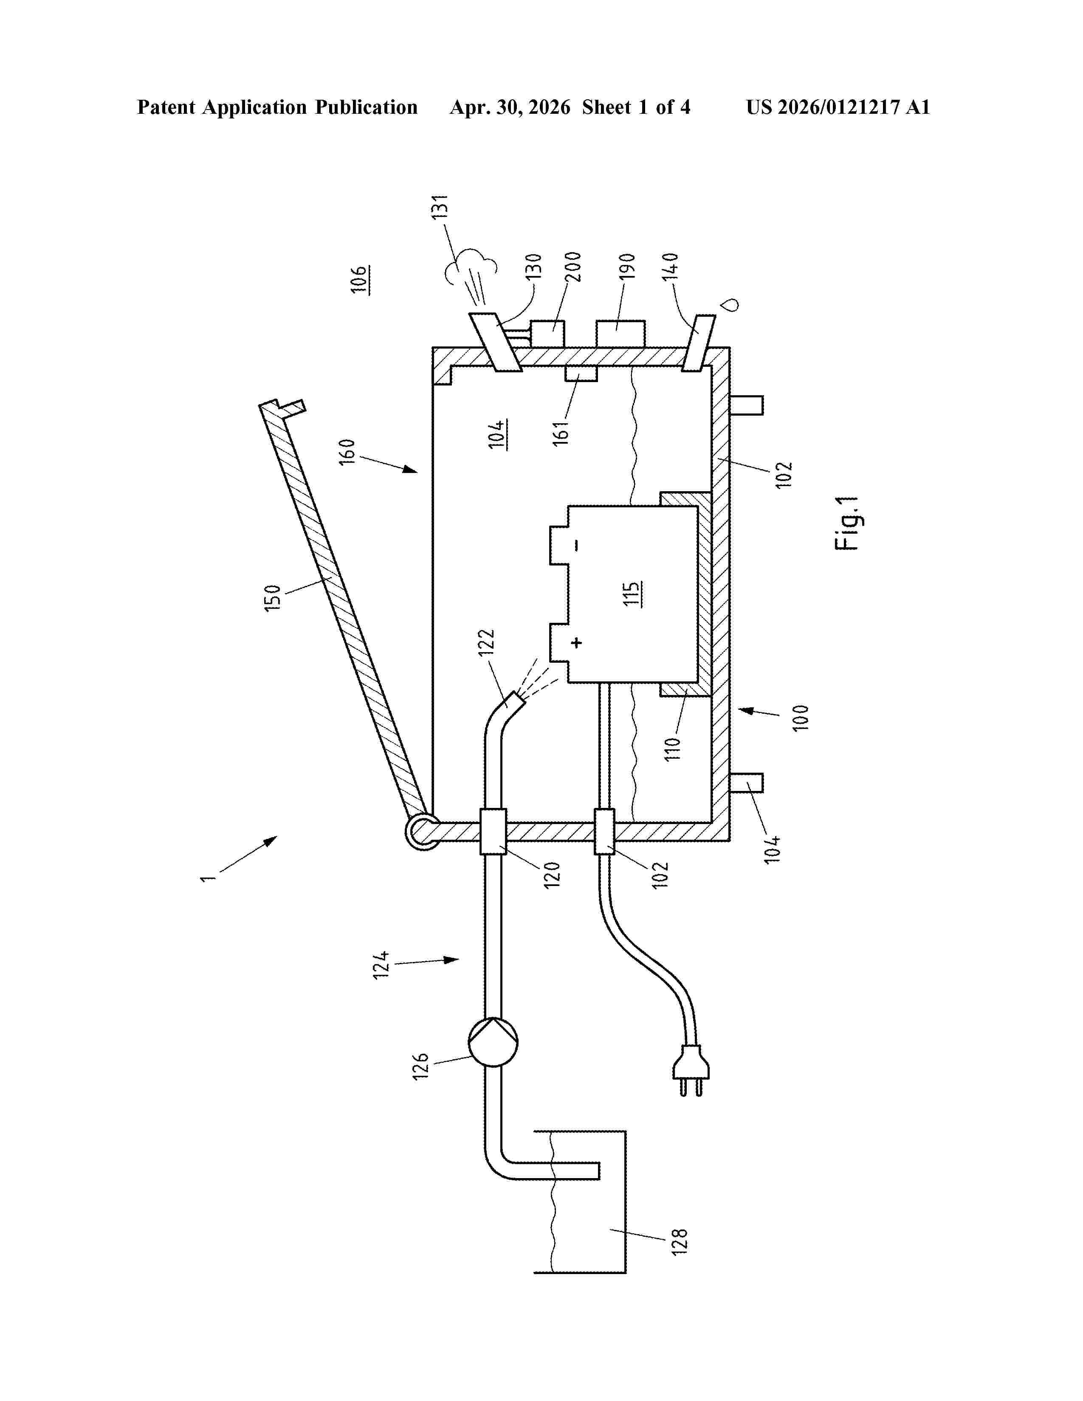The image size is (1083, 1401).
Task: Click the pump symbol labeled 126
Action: (493, 1042)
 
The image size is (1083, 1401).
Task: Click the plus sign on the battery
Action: (577, 642)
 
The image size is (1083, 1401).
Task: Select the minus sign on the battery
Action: (577, 545)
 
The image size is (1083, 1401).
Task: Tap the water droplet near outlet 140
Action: (730, 304)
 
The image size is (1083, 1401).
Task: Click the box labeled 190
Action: (620, 334)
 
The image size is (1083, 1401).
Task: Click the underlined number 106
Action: (359, 280)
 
